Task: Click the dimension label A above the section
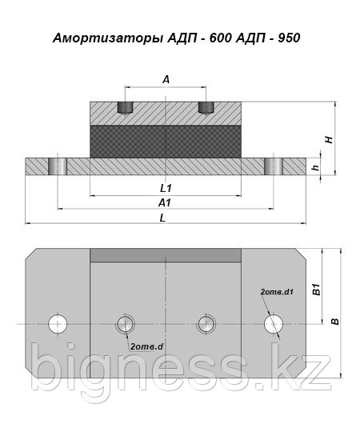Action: [166, 80]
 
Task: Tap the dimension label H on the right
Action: [329, 140]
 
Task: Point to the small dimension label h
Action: [316, 167]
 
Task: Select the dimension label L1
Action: [166, 188]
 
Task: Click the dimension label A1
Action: [165, 202]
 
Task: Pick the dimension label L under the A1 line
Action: [162, 218]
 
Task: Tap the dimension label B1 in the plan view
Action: [317, 290]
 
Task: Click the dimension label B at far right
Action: [335, 322]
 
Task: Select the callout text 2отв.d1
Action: [277, 291]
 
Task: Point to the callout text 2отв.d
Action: [146, 347]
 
